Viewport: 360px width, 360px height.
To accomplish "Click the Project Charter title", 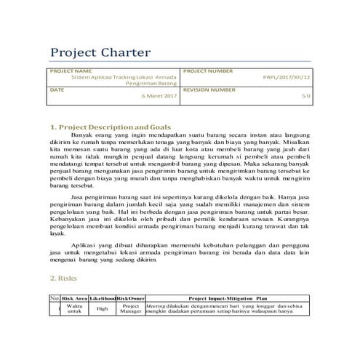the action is tap(100, 53).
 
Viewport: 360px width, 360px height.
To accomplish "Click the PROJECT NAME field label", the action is tap(67, 71).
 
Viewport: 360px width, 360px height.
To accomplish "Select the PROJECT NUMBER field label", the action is tap(209, 71).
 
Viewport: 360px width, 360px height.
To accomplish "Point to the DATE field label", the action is tap(57, 89).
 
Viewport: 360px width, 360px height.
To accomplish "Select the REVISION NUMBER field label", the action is tap(210, 89).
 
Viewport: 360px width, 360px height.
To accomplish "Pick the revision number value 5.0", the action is tap(305, 96).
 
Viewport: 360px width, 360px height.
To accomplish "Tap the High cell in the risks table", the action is tap(103, 309).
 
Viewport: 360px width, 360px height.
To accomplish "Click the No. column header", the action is tap(54, 298).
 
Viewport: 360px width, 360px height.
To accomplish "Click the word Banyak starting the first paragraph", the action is tap(84, 136).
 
